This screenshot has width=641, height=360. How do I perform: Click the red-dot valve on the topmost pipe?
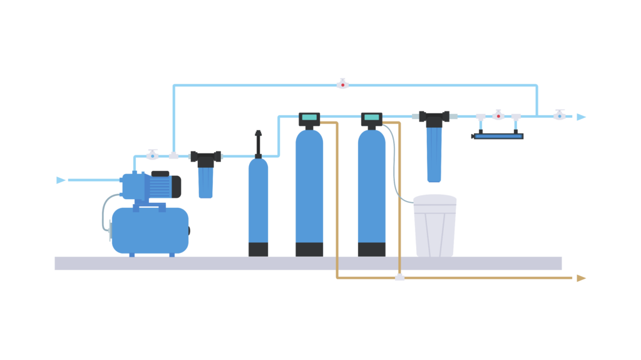click(x=342, y=85)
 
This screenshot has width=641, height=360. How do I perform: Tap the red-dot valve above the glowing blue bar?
click(x=498, y=116)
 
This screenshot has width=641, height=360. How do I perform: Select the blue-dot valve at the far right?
click(x=560, y=116)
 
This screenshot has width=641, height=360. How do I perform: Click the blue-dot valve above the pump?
click(x=152, y=156)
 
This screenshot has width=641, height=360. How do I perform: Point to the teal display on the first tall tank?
click(x=309, y=117)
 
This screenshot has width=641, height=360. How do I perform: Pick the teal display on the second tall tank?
click(x=372, y=117)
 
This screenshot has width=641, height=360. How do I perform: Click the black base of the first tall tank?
click(x=310, y=249)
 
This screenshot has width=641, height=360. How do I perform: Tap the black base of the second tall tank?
click(x=373, y=249)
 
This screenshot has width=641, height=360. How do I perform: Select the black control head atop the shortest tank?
click(x=266, y=142)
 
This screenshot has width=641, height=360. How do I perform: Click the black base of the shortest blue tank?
click(x=259, y=249)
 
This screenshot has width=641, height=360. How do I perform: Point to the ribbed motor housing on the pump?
click(x=160, y=187)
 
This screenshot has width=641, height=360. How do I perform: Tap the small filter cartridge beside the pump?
click(x=205, y=182)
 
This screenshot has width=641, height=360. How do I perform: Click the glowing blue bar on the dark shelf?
click(x=498, y=136)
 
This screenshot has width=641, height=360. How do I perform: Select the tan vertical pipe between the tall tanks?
click(x=342, y=188)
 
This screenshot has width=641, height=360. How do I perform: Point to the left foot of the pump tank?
click(x=132, y=255)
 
